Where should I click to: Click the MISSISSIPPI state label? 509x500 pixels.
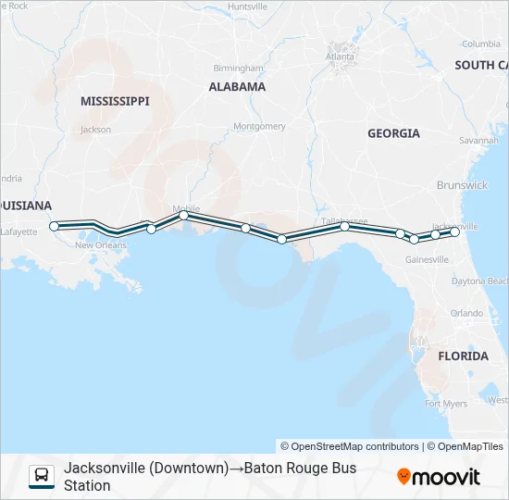coord(115,101)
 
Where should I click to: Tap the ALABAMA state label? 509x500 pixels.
coord(237,87)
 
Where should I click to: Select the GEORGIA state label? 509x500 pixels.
coord(393,133)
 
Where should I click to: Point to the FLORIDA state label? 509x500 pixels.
coord(463,356)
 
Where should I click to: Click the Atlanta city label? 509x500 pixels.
coord(340,56)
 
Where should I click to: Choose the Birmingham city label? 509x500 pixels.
coord(238,69)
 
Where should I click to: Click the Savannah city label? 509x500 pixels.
coord(478,141)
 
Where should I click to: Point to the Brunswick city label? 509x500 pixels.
coord(464,185)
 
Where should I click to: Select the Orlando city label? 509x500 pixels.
coord(466,313)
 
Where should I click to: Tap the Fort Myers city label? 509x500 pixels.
coord(445,404)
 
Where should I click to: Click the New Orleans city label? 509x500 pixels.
coord(100,245)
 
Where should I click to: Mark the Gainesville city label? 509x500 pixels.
coord(427,259)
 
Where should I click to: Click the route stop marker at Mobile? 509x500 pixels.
coord(183,215)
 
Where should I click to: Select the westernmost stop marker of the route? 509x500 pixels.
coord(54,226)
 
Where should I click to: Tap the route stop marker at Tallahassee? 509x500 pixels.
coord(344,226)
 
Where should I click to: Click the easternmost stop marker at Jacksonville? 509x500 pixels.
coord(454,232)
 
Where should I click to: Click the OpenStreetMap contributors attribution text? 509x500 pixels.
coord(350,446)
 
